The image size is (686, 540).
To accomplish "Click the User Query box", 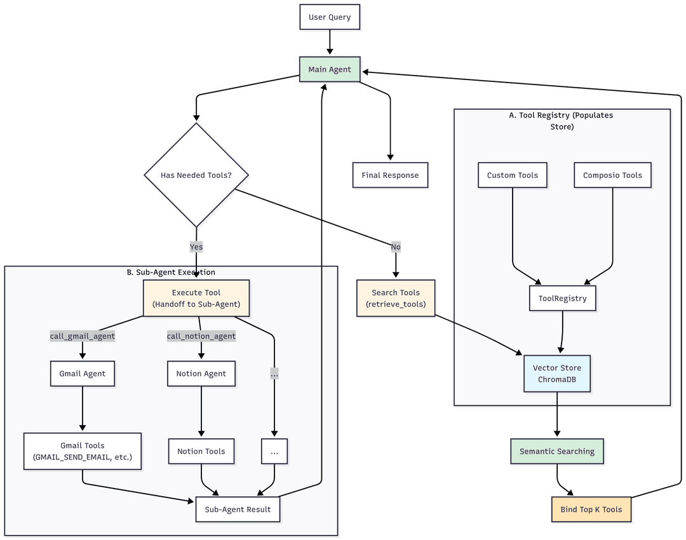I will tap(330, 18).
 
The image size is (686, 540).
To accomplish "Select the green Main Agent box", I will tap(330, 69).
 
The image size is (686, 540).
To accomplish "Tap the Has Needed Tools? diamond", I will tap(196, 175).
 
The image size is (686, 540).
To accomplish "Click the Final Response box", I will tap(390, 175).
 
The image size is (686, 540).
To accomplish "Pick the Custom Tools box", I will tap(512, 175).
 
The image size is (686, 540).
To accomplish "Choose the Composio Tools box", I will tap(612, 175).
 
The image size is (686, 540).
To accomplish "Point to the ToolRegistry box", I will tap(562, 298).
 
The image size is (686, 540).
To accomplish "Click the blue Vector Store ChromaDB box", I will tap(557, 374).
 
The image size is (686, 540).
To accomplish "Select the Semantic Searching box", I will tap(557, 452).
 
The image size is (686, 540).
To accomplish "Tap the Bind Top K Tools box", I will tap(591, 510).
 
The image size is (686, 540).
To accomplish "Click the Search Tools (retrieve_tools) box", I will tap(396, 298).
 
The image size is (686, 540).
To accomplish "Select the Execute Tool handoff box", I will tap(196, 298).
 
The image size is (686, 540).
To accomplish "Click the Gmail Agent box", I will tap(83, 374).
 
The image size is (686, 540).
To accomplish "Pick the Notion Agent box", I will tap(201, 374).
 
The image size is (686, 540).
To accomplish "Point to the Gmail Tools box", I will tap(83, 451).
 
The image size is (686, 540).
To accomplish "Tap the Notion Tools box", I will tap(201, 451).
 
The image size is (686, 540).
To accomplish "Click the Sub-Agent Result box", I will tap(238, 510).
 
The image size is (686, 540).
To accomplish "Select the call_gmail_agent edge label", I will tap(83, 336).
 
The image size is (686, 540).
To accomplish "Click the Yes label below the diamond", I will tap(196, 246).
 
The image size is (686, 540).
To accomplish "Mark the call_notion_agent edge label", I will tap(201, 336).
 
